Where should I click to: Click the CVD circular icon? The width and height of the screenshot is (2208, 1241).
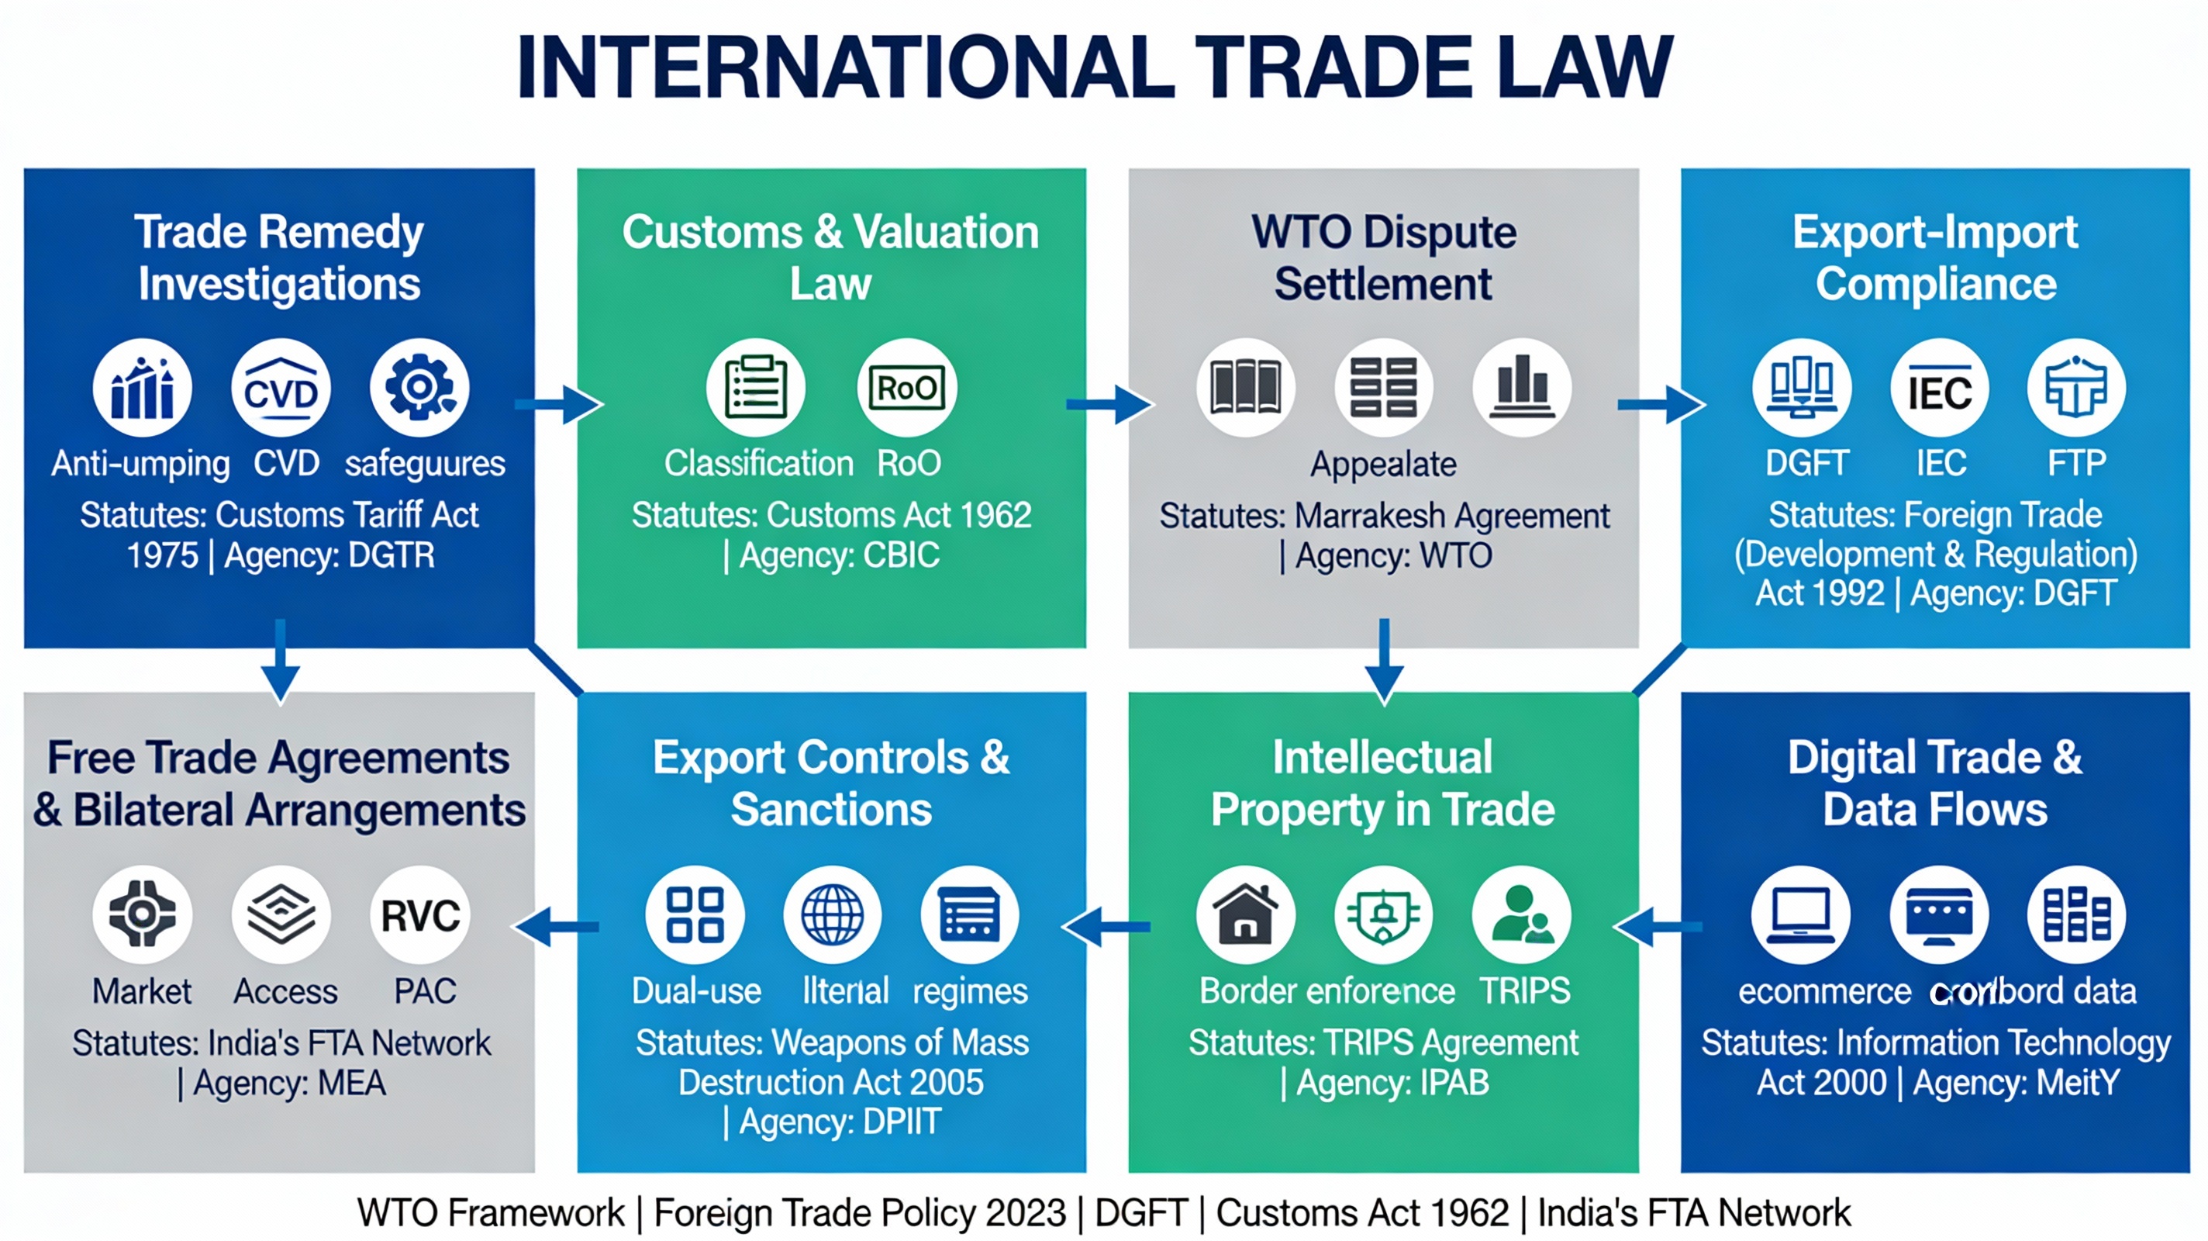[281, 389]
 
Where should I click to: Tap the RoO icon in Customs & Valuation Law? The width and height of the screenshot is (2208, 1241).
[907, 389]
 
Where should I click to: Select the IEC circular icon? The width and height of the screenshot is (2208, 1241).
[1939, 389]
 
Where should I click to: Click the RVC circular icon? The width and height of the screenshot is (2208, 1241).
[420, 915]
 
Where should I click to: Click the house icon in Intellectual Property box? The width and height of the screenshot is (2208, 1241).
[1245, 915]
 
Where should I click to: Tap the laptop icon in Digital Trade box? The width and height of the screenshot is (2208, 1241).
[1801, 915]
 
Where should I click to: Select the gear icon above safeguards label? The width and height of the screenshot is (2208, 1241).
[419, 389]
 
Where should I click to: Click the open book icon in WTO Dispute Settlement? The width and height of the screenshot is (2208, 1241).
[1245, 389]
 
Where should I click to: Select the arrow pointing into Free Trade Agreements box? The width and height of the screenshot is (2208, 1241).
[557, 927]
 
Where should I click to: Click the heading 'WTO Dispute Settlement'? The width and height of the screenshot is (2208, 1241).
[1383, 258]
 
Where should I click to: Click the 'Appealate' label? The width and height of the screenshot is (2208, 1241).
[1383, 464]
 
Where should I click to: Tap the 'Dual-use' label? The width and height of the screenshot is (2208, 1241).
[696, 991]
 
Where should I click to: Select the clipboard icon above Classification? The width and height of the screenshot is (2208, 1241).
[755, 389]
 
